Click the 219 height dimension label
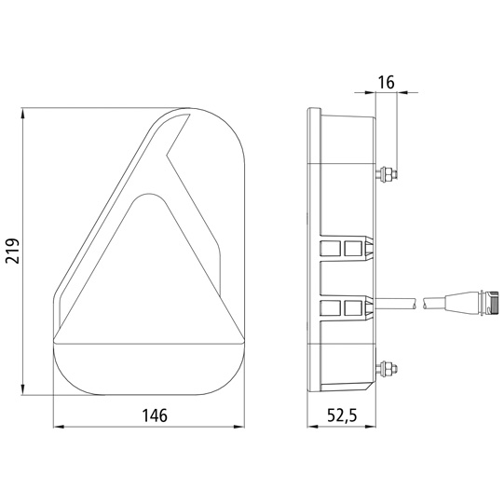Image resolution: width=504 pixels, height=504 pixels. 13,251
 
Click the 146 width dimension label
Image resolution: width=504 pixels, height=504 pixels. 155,415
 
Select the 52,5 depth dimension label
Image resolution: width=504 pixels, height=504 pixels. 342,415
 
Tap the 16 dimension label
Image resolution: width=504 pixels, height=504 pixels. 386,82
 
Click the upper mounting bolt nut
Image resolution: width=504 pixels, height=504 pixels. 388,174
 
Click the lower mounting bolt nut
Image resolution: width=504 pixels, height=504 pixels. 388,368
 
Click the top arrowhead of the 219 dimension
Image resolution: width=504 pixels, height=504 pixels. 22,114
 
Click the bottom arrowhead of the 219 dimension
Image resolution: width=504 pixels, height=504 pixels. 22,389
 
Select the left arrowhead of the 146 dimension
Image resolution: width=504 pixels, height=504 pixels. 59,427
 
